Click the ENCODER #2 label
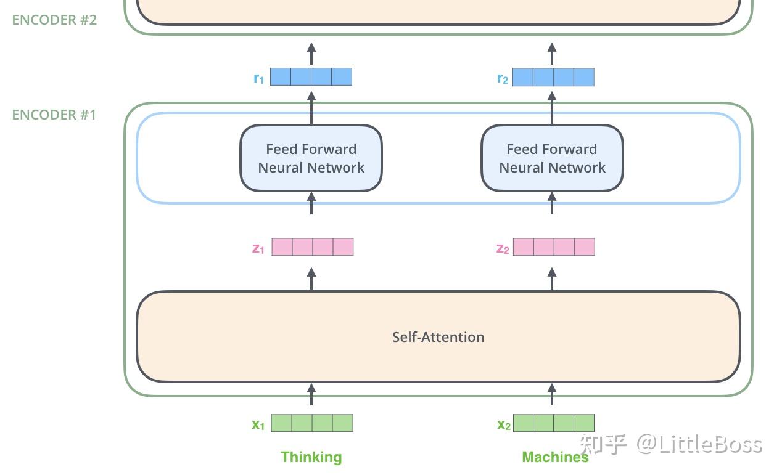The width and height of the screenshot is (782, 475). click(x=54, y=20)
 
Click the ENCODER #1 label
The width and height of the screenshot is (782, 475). click(x=54, y=115)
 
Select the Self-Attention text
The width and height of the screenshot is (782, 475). click(x=438, y=337)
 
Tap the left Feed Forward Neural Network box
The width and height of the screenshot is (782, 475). click(x=311, y=158)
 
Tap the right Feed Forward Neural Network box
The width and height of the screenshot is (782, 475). click(x=552, y=158)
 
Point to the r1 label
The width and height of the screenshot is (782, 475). click(x=258, y=78)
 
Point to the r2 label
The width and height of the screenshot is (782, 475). click(x=503, y=78)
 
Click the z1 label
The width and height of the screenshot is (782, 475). click(x=258, y=249)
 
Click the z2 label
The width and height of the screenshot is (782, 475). click(x=503, y=249)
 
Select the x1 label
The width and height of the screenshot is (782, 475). click(x=258, y=424)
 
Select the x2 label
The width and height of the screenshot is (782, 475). click(x=504, y=424)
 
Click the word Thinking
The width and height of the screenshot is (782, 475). click(x=311, y=457)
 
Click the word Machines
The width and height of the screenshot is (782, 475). click(x=555, y=457)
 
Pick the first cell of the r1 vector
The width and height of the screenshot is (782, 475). click(x=281, y=77)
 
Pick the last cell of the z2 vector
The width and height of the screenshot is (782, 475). click(x=585, y=247)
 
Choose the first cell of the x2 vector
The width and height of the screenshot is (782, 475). click(x=524, y=423)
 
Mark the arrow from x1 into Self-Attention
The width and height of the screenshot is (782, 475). click(x=311, y=394)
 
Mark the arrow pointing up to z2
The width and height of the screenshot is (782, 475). click(x=552, y=278)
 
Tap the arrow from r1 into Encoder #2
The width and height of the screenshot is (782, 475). click(x=311, y=54)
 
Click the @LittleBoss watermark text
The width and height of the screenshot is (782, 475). click(x=699, y=444)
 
